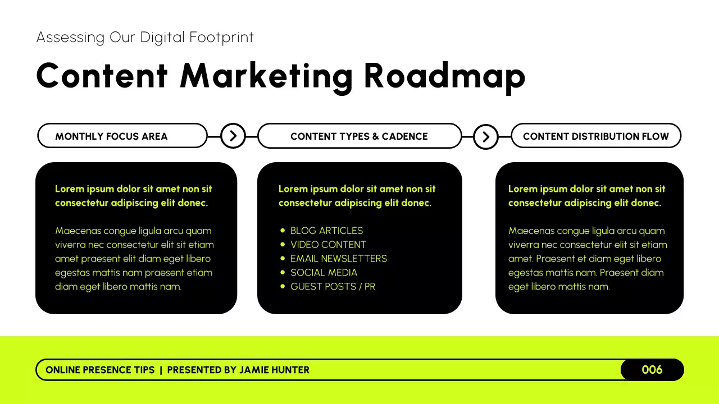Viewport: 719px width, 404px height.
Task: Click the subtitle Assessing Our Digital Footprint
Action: click(145, 38)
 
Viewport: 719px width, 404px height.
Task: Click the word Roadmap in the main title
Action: click(444, 76)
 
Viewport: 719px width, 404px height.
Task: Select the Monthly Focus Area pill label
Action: click(111, 136)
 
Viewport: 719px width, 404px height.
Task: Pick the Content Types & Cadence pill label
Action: click(359, 136)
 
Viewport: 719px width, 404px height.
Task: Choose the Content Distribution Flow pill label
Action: click(595, 136)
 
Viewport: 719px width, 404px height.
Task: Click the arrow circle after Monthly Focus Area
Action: click(233, 136)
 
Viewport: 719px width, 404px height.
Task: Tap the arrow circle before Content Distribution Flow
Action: click(486, 136)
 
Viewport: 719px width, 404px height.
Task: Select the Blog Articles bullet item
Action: click(326, 231)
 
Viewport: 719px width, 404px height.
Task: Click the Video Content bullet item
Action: click(328, 245)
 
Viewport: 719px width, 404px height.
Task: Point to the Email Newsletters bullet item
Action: click(338, 259)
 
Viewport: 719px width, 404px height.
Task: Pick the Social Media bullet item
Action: click(324, 273)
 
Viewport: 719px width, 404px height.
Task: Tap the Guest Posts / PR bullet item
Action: click(333, 287)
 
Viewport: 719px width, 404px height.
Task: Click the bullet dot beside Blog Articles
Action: click(283, 231)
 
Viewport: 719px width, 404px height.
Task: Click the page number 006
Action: click(652, 370)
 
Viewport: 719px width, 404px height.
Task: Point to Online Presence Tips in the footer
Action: click(100, 370)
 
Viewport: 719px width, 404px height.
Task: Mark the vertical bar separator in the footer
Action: click(161, 370)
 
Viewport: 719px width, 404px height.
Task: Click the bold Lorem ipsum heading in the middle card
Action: click(357, 196)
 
